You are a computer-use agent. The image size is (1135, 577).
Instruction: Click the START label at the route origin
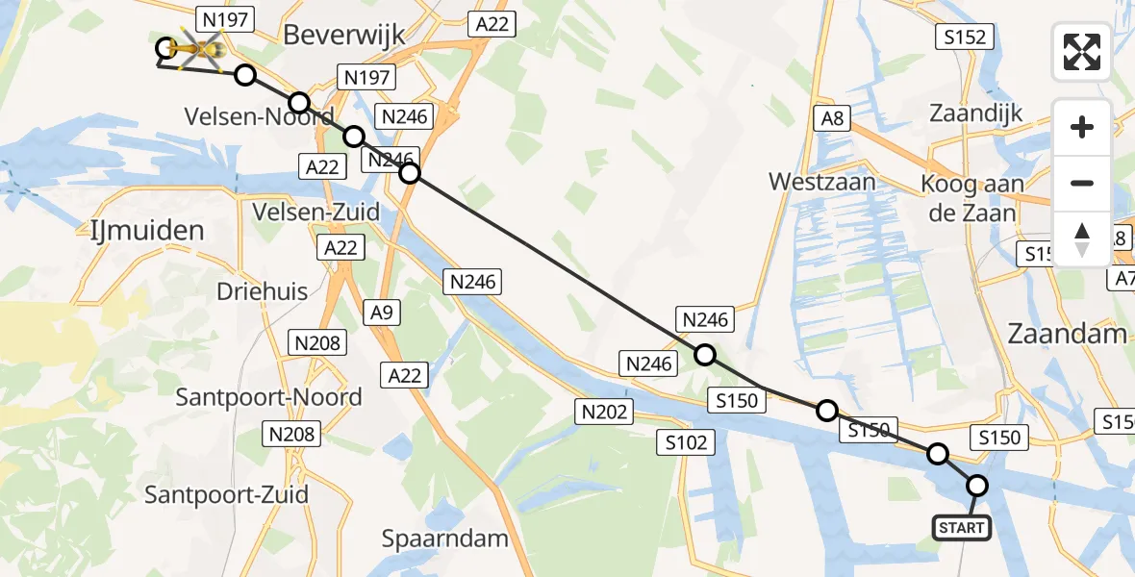[x=962, y=527]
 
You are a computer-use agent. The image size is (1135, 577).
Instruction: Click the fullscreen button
[x=1082, y=52]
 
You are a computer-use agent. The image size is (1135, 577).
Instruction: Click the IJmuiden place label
[x=143, y=231]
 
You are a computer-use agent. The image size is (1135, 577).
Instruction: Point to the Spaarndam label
[x=444, y=539]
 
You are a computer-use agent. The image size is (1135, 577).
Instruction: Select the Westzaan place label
[x=822, y=181]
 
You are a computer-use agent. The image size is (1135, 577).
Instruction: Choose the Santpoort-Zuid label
[x=226, y=495]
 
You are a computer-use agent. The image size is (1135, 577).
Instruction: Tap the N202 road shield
[x=604, y=412]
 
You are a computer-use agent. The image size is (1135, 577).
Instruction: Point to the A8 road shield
[x=833, y=118]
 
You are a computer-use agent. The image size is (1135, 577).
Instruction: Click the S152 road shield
[x=965, y=37]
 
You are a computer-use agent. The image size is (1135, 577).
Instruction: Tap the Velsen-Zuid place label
[x=315, y=211]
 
